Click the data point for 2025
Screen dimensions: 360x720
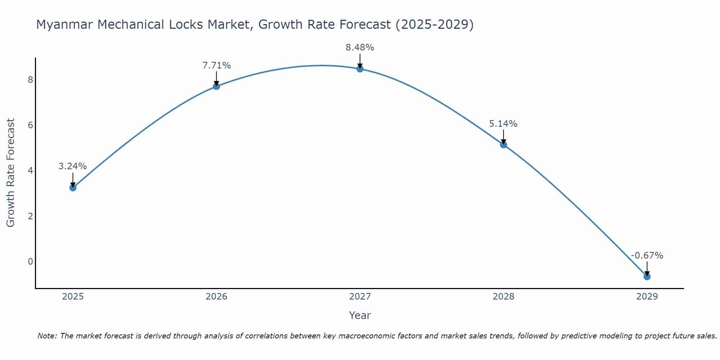coord(73,188)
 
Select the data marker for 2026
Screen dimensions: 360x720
coord(216,86)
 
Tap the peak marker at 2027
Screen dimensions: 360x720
coord(360,69)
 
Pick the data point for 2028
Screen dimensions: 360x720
coord(503,145)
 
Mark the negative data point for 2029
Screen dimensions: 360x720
coord(647,276)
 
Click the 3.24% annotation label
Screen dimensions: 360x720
coord(73,166)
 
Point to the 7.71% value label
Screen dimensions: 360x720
coord(216,66)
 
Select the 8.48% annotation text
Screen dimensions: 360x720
coord(360,48)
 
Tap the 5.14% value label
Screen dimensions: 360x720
coord(503,124)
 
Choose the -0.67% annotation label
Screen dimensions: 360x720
coord(647,256)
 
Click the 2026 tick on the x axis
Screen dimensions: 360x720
coord(216,297)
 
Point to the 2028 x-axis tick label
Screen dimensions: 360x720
coord(503,297)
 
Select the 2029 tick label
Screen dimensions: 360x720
coord(647,297)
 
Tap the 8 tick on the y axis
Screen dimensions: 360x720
coord(30,80)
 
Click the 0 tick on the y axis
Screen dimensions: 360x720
coord(30,261)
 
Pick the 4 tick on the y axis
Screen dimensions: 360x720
coord(30,170)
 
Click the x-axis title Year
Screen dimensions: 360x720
coord(360,315)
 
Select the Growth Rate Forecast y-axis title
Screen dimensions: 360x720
coord(11,173)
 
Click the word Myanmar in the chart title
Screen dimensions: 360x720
coord(64,24)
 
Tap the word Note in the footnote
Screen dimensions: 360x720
coord(46,336)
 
